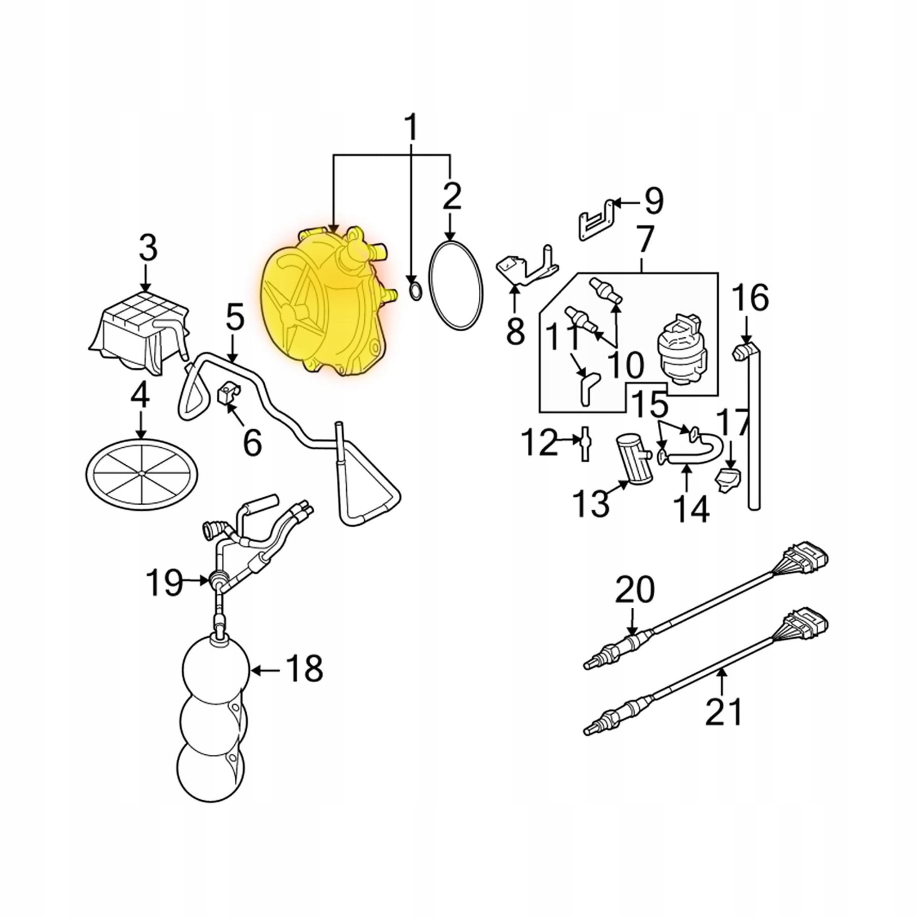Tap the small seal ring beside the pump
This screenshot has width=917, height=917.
414,291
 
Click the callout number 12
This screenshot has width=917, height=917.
540,442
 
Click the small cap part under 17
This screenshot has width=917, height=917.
728,479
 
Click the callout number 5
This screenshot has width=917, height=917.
235,319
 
